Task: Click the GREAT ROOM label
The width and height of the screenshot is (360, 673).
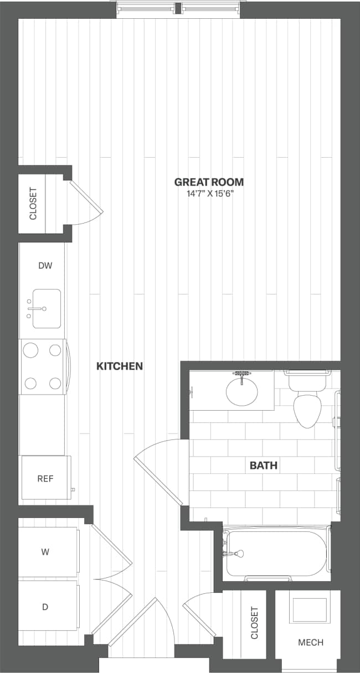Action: (x=209, y=182)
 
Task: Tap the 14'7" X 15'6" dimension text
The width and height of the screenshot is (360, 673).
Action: (x=209, y=194)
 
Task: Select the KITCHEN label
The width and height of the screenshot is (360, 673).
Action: (x=120, y=366)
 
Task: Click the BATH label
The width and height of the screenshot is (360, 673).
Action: (x=263, y=465)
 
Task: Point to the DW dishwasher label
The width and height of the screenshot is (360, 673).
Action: (x=45, y=266)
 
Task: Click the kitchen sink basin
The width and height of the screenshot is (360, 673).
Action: (x=46, y=309)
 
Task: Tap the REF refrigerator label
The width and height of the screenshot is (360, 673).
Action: (x=45, y=479)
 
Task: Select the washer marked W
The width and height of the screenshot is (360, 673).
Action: (x=45, y=551)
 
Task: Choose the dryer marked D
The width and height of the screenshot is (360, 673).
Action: (x=45, y=607)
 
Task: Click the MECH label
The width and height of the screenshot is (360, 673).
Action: (x=310, y=643)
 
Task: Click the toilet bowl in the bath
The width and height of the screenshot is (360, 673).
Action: (x=308, y=411)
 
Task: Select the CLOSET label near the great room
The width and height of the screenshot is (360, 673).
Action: (x=33, y=204)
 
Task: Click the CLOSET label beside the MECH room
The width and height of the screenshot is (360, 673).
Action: (x=255, y=623)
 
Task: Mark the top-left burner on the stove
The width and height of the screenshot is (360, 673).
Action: (x=31, y=350)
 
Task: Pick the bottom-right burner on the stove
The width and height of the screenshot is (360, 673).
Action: (x=55, y=383)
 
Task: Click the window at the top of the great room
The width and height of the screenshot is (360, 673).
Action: (x=178, y=8)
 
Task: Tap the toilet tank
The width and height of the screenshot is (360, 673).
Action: (x=306, y=380)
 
